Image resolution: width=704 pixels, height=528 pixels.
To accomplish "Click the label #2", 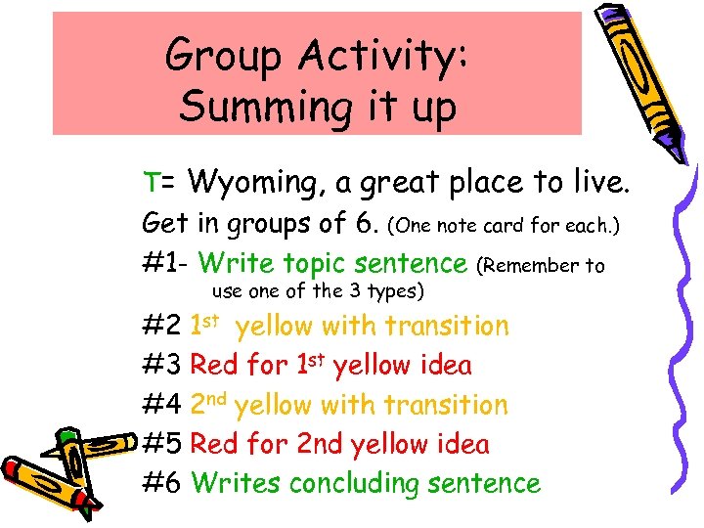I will [162, 326].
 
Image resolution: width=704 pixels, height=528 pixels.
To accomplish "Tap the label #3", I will [162, 366].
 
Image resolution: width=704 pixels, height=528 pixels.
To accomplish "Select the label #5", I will [162, 444].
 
